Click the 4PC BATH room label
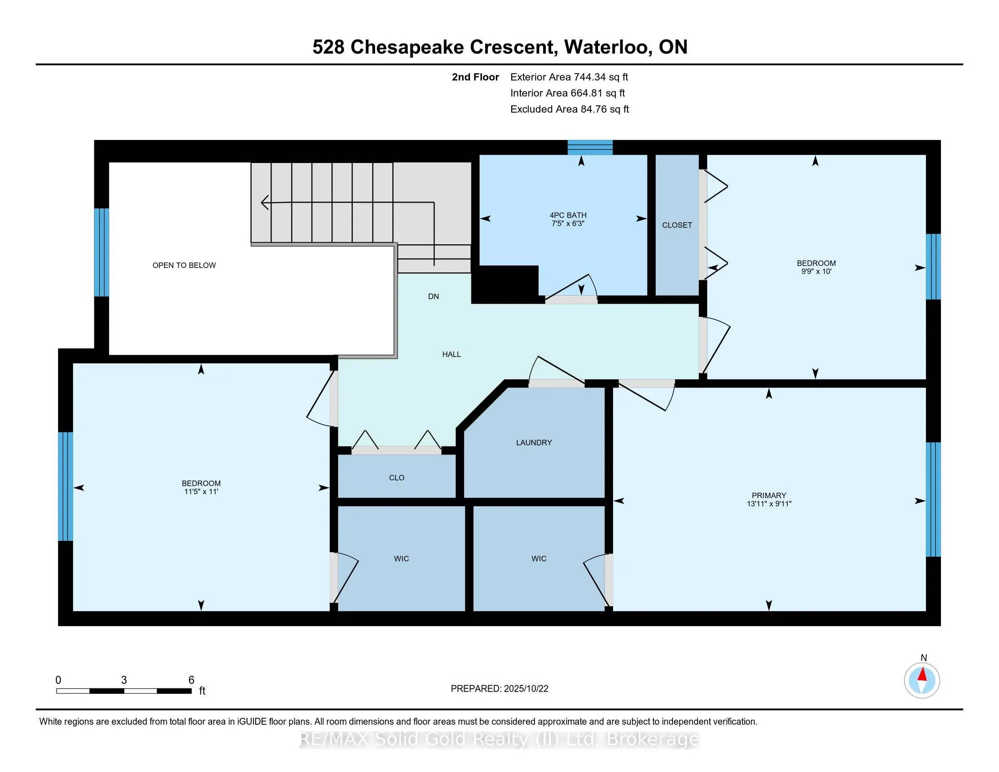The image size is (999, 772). click(568, 215)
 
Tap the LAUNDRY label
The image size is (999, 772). click(534, 442)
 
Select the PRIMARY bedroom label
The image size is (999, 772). click(769, 495)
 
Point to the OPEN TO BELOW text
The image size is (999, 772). click(184, 265)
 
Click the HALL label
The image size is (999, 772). click(451, 354)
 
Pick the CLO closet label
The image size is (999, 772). click(396, 477)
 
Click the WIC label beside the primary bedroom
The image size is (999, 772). click(539, 559)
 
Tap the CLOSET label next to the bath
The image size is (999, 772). click(677, 225)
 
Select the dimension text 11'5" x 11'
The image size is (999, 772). click(201, 492)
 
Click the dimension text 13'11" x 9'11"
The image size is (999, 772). click(769, 504)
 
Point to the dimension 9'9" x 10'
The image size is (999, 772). click(816, 271)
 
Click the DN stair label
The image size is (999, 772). click(434, 297)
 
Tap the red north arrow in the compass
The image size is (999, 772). click(922, 674)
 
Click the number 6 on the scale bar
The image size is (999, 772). click(192, 680)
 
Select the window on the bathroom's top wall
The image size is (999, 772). click(590, 147)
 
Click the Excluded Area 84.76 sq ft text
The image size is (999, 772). click(569, 109)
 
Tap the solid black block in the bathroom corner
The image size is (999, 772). click(505, 284)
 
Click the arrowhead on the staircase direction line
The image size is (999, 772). click(264, 202)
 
